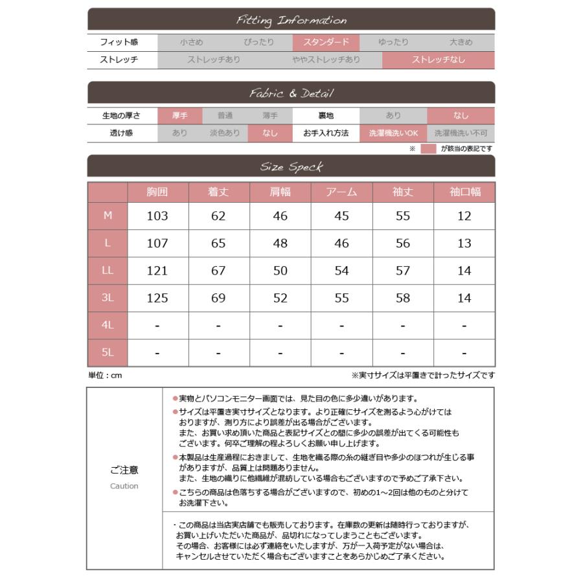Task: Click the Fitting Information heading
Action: click(x=291, y=21)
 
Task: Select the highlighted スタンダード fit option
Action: click(x=325, y=43)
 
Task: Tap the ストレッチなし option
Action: click(x=439, y=60)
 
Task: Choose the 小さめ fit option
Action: click(x=192, y=43)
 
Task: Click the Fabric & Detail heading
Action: click(x=291, y=94)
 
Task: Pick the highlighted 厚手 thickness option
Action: click(x=180, y=116)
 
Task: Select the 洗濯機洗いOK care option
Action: click(x=394, y=133)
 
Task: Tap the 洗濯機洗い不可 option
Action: click(x=461, y=133)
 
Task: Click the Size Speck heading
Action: click(x=291, y=167)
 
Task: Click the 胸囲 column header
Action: click(x=157, y=192)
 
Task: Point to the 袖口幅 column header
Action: click(x=464, y=192)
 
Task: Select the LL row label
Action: click(x=108, y=271)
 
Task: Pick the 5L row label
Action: click(x=108, y=353)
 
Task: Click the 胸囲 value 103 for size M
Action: click(x=157, y=216)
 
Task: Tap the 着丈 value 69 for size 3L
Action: click(x=218, y=299)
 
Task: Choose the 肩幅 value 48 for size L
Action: click(x=280, y=244)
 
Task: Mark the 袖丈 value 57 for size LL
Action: click(x=403, y=271)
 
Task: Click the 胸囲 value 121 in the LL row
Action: click(x=157, y=271)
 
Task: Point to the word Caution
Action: click(x=124, y=486)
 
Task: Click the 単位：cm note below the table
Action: click(x=105, y=375)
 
